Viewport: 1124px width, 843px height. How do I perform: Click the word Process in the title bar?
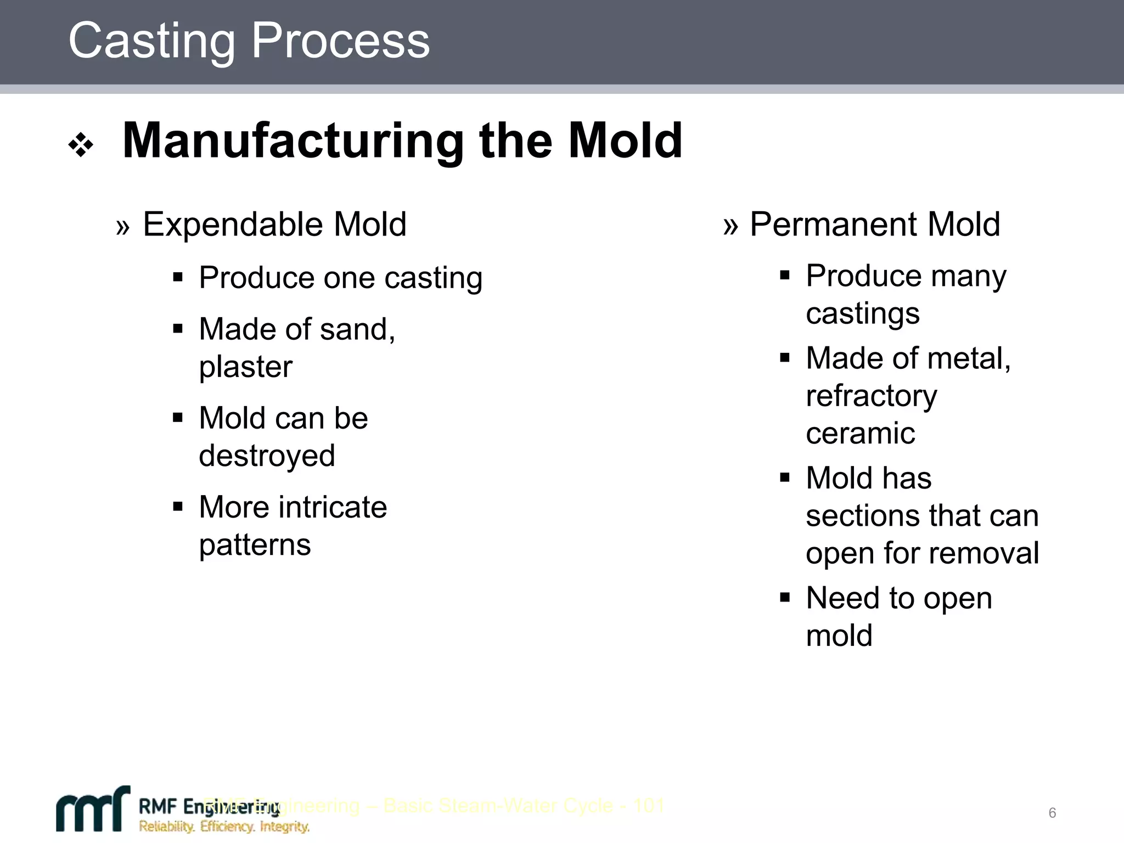click(340, 41)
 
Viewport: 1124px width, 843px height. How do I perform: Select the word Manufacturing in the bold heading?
click(293, 142)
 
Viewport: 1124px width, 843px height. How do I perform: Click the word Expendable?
click(233, 224)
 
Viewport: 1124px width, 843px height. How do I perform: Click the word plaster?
click(245, 367)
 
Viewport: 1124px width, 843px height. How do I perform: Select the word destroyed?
click(267, 456)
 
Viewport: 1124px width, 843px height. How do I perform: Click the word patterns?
click(255, 545)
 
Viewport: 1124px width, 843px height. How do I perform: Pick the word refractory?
click(871, 396)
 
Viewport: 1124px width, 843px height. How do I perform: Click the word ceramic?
click(860, 434)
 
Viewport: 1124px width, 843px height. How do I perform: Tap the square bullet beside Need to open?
click(784, 597)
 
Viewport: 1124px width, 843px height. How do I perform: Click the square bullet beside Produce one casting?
click(177, 277)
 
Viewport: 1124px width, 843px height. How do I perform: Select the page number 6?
click(1052, 813)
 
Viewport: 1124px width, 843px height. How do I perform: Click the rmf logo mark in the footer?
click(93, 810)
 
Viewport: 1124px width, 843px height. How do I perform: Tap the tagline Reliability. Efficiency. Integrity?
click(224, 827)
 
